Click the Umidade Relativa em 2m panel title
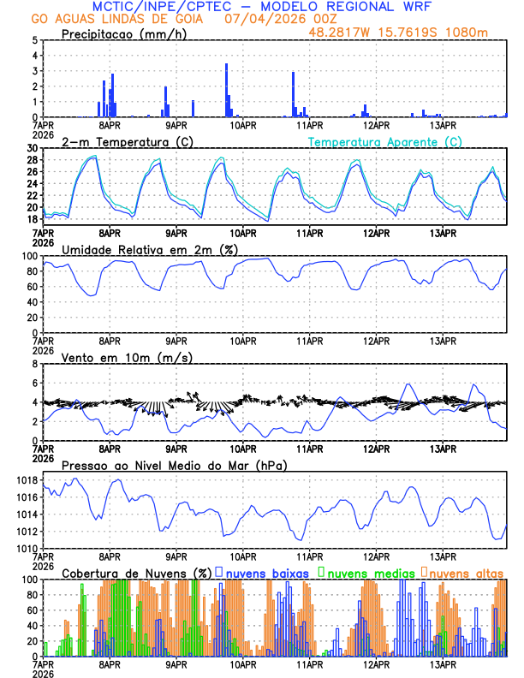click(x=150, y=249)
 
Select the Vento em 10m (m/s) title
click(x=127, y=357)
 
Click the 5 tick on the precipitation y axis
click(x=35, y=40)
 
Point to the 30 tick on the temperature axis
click(x=33, y=148)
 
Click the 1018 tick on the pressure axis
click(x=27, y=480)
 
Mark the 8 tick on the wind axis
click(x=35, y=364)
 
